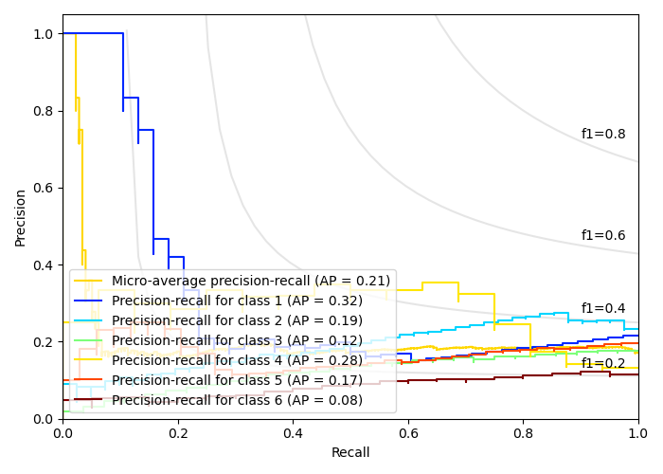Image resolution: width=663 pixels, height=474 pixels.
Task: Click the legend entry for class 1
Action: [x=237, y=301]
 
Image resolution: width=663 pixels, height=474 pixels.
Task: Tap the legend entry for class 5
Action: [x=237, y=380]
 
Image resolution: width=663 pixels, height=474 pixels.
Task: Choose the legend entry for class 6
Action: [x=237, y=400]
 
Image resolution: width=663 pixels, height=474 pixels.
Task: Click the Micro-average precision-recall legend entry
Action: [x=251, y=281]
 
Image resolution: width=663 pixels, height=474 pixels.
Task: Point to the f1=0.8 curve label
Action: [x=603, y=135]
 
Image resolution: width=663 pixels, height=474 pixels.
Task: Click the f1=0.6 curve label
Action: [x=603, y=236]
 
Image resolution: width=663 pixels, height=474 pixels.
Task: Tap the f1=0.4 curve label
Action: [x=603, y=309]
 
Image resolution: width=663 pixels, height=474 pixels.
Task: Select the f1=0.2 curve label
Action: [x=603, y=363]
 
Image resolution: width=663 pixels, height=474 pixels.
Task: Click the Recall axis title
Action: [x=350, y=453]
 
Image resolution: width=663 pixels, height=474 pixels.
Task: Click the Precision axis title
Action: [x=21, y=216]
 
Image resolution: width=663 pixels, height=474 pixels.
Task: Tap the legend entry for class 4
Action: [x=237, y=360]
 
